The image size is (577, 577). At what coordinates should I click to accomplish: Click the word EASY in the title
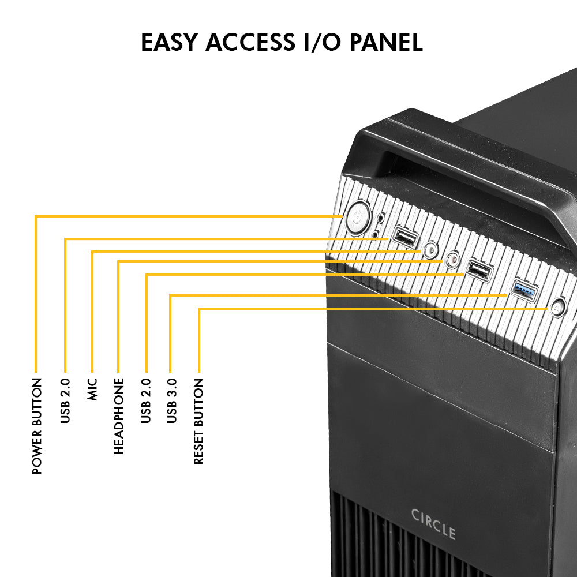[x=168, y=43]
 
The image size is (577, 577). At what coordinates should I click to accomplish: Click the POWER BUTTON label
[x=37, y=426]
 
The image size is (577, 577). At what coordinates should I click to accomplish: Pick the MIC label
[x=92, y=389]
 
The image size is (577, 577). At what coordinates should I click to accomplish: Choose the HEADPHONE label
[x=119, y=416]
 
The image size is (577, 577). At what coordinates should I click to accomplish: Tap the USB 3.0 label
[x=172, y=400]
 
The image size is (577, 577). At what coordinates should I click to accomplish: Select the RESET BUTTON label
[x=198, y=421]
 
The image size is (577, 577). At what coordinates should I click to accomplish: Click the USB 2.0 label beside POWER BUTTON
[x=65, y=400]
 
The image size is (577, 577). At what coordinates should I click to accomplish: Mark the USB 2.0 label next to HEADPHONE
[x=145, y=400]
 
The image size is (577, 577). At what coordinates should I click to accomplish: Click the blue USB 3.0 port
[x=524, y=290]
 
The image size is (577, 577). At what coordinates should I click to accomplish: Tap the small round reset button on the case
[x=557, y=308]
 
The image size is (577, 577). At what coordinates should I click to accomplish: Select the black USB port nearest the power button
[x=404, y=237]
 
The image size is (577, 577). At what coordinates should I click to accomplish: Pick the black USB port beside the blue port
[x=479, y=269]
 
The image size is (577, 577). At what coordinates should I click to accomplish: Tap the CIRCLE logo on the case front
[x=433, y=523]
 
